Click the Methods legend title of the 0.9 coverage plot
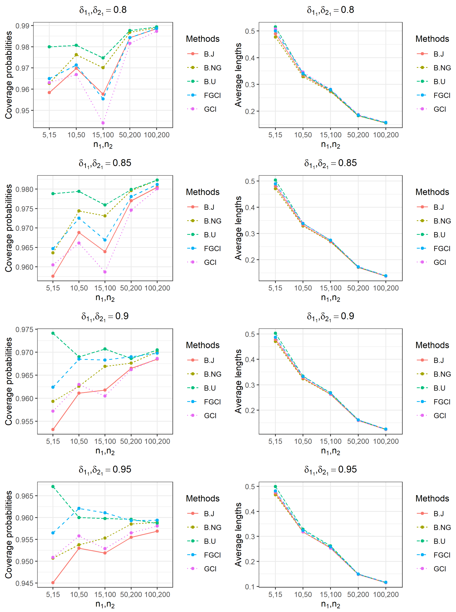(x=203, y=345)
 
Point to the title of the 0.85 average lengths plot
(x=330, y=163)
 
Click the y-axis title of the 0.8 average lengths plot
(x=238, y=75)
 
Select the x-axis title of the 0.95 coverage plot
(x=105, y=604)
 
